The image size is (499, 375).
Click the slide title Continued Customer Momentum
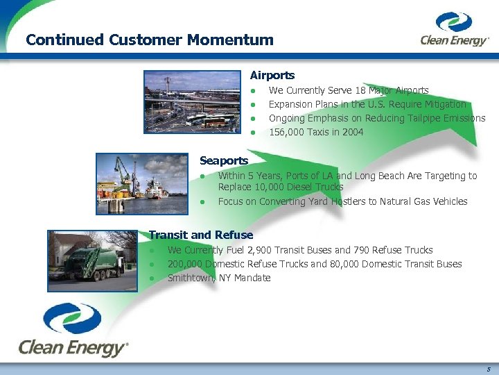tap(149, 40)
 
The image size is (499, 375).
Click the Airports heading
tap(272, 75)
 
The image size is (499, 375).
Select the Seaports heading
tap(223, 160)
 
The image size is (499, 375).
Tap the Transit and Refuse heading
tap(201, 235)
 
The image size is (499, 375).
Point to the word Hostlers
tap(332, 201)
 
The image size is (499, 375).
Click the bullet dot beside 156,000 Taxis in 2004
tap(254, 133)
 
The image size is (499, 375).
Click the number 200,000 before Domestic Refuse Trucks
tap(184, 264)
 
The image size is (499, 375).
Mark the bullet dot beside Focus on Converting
tap(202, 202)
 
